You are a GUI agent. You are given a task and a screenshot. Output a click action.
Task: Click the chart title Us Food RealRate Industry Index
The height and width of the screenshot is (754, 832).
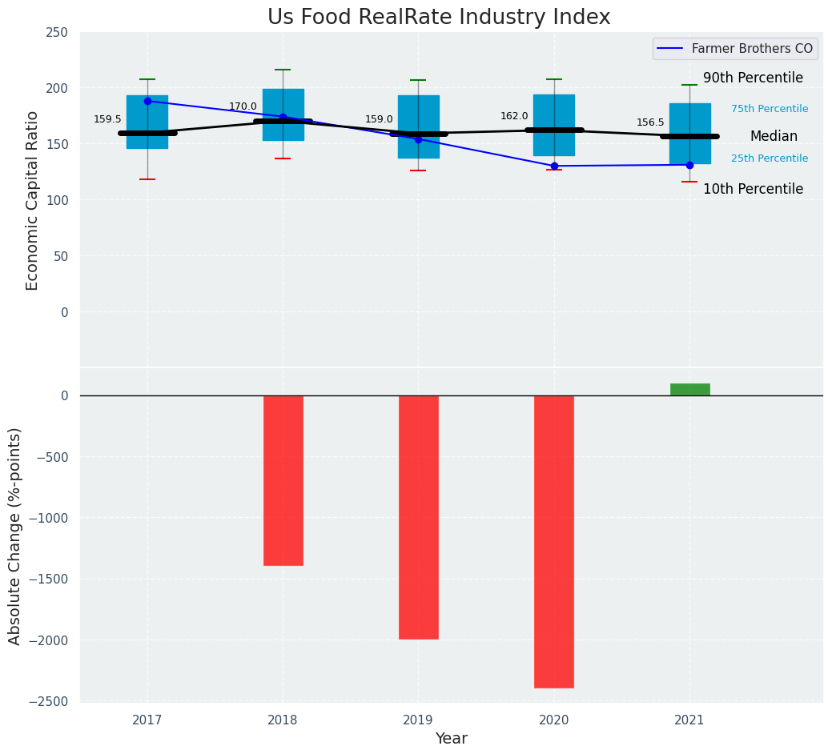coord(439,18)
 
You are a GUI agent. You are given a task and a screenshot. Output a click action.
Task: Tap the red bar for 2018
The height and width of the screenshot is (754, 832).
coord(283,480)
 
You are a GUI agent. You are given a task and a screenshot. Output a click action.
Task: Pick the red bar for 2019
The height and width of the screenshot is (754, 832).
coord(419,517)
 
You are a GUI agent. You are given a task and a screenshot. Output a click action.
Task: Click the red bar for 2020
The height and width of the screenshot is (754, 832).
coord(554,541)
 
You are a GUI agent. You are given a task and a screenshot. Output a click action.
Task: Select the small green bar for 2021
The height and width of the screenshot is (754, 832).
coord(689,390)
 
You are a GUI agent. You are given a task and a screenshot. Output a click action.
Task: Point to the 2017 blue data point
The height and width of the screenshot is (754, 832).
coord(147,102)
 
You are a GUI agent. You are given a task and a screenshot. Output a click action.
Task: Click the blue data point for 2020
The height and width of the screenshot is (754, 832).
coord(554,166)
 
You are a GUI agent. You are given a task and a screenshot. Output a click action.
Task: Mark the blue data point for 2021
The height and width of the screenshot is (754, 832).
coord(689,165)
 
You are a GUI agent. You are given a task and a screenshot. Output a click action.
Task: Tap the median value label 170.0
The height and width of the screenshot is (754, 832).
coord(243,106)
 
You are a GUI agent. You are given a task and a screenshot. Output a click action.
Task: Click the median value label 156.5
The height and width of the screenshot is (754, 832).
coord(650,122)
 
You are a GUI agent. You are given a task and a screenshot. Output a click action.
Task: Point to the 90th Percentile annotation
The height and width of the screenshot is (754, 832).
coord(753,78)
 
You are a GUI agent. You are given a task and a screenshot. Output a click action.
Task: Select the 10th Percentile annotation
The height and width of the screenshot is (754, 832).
coord(753,189)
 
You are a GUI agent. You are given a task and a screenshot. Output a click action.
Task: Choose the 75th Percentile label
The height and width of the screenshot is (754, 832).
coord(769,109)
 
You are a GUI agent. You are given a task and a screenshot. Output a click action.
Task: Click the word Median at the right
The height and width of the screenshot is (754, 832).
coord(774,136)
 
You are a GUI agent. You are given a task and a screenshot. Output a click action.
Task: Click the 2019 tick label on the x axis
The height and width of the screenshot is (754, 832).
coord(418,720)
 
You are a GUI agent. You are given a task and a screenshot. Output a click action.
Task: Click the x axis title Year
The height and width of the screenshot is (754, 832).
coord(452,739)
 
